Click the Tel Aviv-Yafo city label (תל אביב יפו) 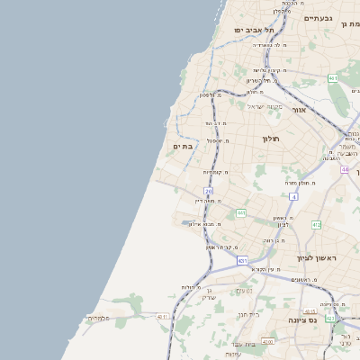[x=254, y=30]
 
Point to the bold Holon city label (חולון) [x=272, y=139]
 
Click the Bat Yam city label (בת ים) [x=184, y=146]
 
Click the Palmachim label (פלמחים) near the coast [x=99, y=318]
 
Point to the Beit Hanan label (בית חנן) [x=248, y=314]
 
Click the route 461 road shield [x=333, y=78]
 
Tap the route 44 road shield [x=344, y=168]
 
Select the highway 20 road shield [x=209, y=192]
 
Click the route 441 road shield [x=241, y=213]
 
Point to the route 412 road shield [x=316, y=224]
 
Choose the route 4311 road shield [x=163, y=316]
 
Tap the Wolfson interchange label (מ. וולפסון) [x=199, y=94]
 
